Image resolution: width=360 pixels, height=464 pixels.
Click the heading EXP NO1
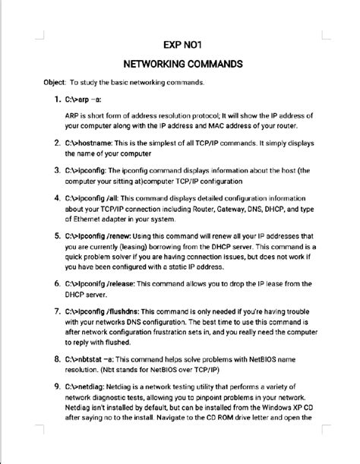[x=180, y=44]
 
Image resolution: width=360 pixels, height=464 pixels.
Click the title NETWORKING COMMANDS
[x=180, y=63]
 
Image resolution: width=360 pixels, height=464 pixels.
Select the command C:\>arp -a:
[x=84, y=99]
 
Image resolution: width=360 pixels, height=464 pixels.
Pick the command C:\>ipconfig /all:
[x=102, y=197]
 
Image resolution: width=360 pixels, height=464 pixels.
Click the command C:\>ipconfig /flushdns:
[x=110, y=311]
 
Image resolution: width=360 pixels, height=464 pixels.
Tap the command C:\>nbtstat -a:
[x=97, y=358]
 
